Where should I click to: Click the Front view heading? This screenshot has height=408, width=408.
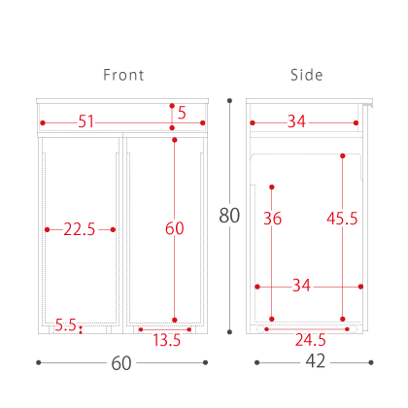pyautogui.click(x=123, y=75)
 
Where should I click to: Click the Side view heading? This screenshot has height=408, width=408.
pyautogui.click(x=306, y=75)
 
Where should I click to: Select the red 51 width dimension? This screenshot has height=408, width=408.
pyautogui.click(x=85, y=121)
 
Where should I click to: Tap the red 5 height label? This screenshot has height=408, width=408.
pyautogui.click(x=182, y=113)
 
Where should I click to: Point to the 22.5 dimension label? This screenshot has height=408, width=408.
pyautogui.click(x=80, y=229)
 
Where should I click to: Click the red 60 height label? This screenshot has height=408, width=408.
pyautogui.click(x=175, y=228)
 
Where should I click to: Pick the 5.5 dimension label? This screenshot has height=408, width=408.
pyautogui.click(x=65, y=324)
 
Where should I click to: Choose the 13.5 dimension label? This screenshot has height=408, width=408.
pyautogui.click(x=166, y=340)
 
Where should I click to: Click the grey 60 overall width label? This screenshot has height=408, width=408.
pyautogui.click(x=121, y=363)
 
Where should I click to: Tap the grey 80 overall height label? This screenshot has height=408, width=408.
pyautogui.click(x=229, y=216)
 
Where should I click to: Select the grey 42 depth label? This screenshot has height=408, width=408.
pyautogui.click(x=316, y=361)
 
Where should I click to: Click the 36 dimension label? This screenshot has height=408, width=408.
pyautogui.click(x=272, y=219)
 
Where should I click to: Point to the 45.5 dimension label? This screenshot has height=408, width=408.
pyautogui.click(x=342, y=219)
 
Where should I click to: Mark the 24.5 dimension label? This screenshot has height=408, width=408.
pyautogui.click(x=311, y=340)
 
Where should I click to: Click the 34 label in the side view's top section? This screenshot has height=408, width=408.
pyautogui.click(x=296, y=121)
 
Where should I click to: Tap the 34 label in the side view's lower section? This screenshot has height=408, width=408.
pyautogui.click(x=301, y=286)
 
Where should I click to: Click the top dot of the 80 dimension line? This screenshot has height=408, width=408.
pyautogui.click(x=229, y=101)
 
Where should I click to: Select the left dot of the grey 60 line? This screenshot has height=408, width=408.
pyautogui.click(x=39, y=362)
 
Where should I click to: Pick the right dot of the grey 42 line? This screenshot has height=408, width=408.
pyautogui.click(x=371, y=362)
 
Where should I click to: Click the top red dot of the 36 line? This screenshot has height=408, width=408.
pyautogui.click(x=272, y=187)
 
